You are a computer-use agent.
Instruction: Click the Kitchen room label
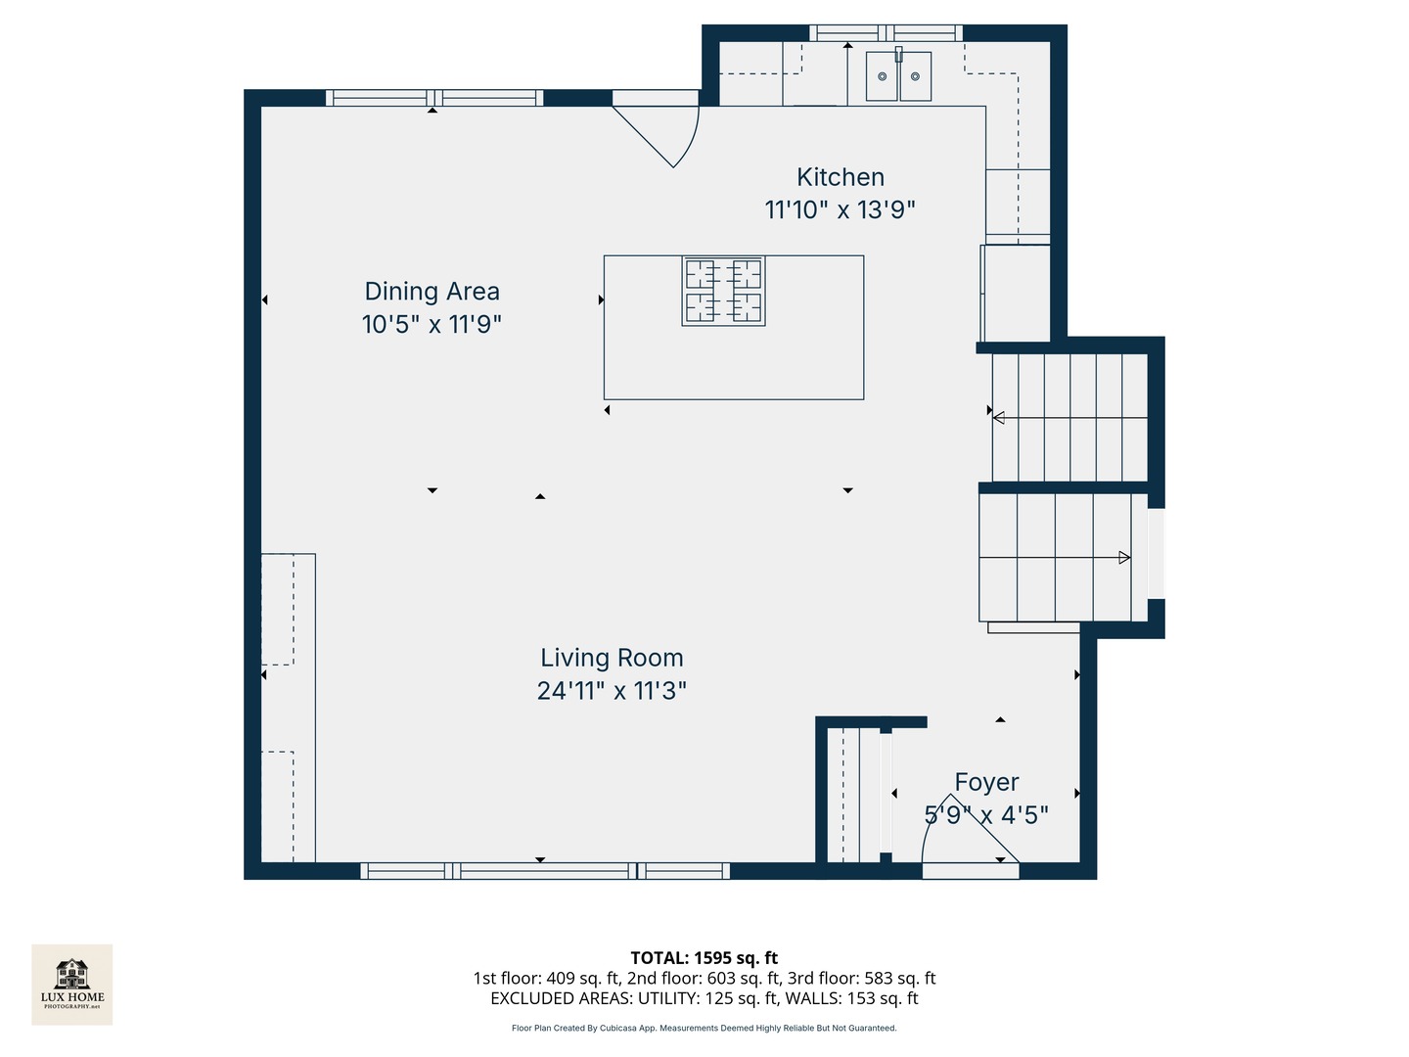tap(841, 176)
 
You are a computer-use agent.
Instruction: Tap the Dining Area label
tap(432, 291)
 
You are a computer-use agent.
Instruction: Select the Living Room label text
tap(612, 658)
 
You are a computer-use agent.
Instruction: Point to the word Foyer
tap(986, 782)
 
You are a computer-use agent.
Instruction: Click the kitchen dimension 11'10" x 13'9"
tap(840, 209)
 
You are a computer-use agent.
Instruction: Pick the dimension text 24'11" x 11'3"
tap(612, 691)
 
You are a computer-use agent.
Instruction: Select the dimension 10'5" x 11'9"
tap(432, 324)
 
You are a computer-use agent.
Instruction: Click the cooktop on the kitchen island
tap(723, 291)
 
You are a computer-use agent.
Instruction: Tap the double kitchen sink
tap(898, 76)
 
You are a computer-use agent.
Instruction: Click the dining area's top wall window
tap(434, 98)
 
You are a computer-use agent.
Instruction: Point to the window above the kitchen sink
tap(886, 32)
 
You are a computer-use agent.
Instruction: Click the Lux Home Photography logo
tap(71, 985)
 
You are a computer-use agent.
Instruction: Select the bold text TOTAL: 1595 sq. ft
tap(704, 957)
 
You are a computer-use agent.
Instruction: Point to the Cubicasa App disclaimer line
tap(704, 1028)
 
